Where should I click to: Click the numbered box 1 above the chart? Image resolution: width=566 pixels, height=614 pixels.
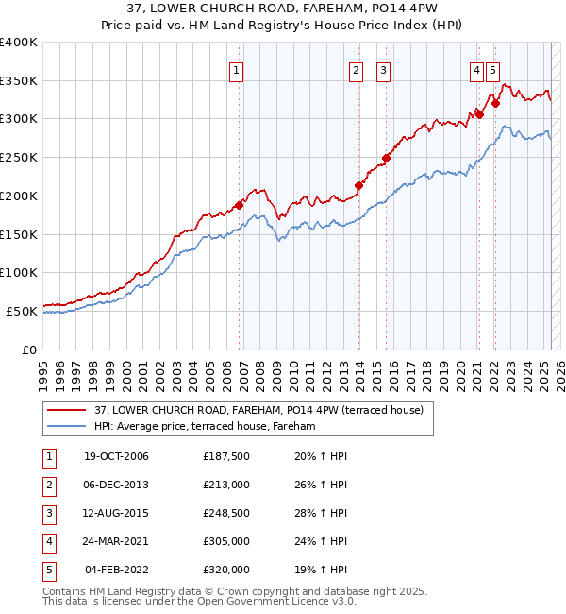[x=235, y=69]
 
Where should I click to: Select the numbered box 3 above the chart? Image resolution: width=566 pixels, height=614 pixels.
[x=384, y=69]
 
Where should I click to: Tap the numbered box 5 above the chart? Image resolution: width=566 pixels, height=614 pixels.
[x=494, y=69]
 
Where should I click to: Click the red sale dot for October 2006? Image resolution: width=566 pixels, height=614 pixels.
[x=240, y=204]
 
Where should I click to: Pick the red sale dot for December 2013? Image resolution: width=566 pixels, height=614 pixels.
[x=358, y=185]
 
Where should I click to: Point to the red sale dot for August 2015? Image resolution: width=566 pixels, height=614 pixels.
[x=386, y=158]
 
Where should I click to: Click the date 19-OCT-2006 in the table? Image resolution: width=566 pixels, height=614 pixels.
[x=116, y=457]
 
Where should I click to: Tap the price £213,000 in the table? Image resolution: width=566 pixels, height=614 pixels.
[x=226, y=486]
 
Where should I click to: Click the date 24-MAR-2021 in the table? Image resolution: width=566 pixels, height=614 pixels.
[x=116, y=542]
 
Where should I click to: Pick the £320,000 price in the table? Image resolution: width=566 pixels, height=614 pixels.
[x=226, y=571]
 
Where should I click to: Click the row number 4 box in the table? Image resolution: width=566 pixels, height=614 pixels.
[x=47, y=542]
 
